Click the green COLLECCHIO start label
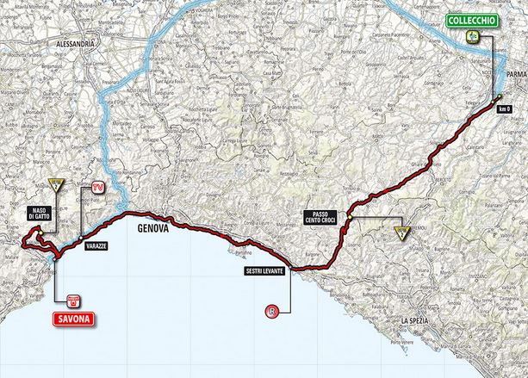(470, 19)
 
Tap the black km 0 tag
(514, 108)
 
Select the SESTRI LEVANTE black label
(264, 272)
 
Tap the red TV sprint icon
(98, 185)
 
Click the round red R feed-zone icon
(273, 312)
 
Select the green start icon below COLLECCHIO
(472, 35)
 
